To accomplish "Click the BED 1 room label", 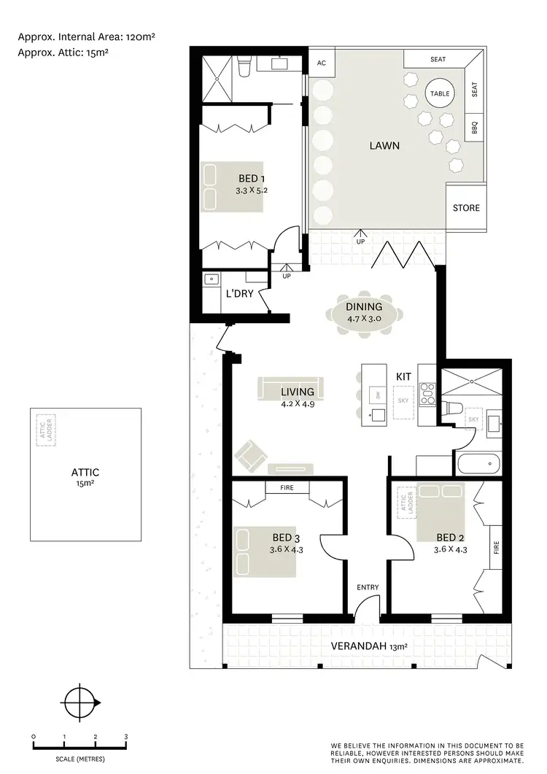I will (252, 179).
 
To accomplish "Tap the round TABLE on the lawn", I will (440, 94).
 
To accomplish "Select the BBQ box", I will (473, 127).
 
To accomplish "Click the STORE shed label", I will (466, 208).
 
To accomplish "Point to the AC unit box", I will (321, 63).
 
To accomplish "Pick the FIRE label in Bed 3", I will (287, 488).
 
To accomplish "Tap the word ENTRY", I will (367, 587).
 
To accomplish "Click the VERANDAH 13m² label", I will (368, 646).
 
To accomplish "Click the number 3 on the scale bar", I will (126, 737).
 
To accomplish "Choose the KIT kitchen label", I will (403, 376).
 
